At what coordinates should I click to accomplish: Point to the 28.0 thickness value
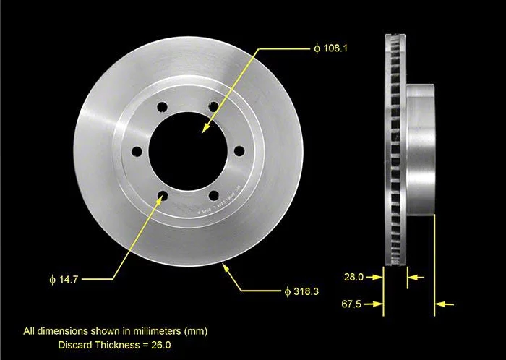pos(353,277)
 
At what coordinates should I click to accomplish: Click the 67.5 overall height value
pos(351,304)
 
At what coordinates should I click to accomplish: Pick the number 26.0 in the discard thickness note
pos(161,345)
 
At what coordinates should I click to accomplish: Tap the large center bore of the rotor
pos(188,151)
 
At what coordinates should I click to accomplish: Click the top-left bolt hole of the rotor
pos(162,107)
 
